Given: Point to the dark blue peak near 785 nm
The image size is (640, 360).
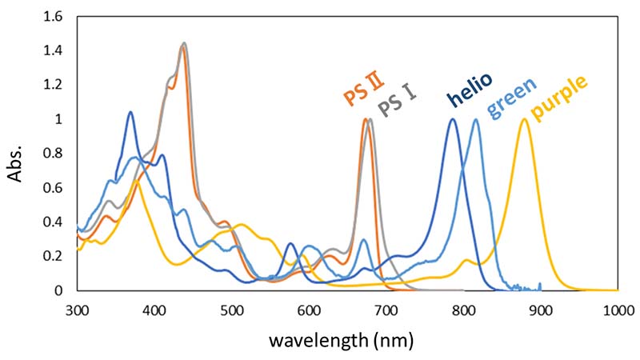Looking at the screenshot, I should tap(453, 119).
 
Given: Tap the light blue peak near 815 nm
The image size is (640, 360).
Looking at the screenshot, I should tap(476, 119).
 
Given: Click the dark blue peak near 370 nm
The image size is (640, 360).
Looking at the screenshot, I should tap(130, 112).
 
